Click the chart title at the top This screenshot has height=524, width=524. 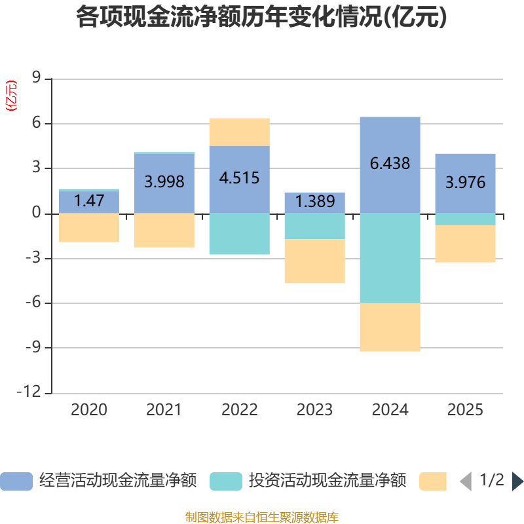[261, 17]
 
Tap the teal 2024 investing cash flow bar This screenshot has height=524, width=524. [390, 258]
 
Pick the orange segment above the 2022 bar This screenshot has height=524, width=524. [239, 132]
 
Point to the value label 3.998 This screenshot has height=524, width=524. [164, 182]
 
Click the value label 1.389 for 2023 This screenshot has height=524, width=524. [314, 202]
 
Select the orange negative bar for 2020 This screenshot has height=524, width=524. [89, 228]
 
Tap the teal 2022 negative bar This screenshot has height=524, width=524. [239, 234]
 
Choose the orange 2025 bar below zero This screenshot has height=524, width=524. [465, 244]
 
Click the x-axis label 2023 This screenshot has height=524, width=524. [314, 411]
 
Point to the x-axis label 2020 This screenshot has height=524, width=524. [89, 411]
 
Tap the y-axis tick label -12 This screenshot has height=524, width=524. [31, 393]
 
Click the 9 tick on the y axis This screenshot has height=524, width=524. [36, 79]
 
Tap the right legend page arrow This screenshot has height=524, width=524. [517, 481]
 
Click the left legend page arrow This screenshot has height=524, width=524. [466, 481]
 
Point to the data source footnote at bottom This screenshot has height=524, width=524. [261, 517]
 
